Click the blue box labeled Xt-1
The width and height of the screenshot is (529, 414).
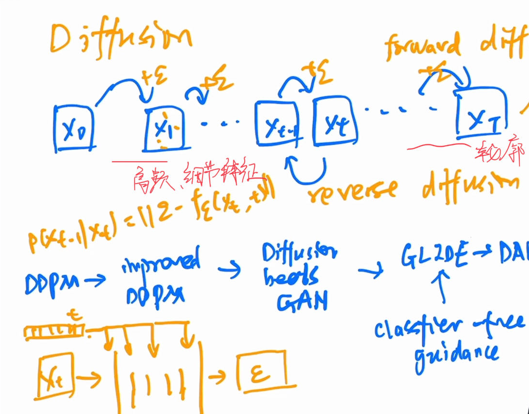point(277,124)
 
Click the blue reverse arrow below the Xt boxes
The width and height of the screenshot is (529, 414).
point(306,171)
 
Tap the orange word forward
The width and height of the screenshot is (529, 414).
point(422,46)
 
